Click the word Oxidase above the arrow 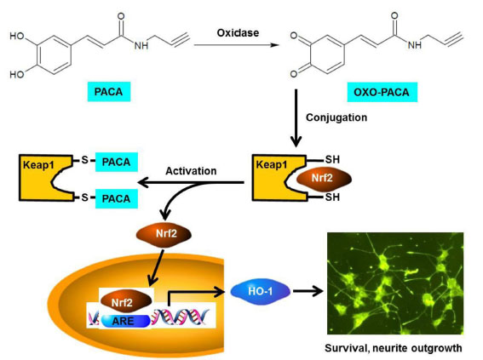tap(238, 33)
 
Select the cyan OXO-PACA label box tap(382, 92)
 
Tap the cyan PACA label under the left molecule tap(109, 92)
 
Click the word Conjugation tap(336, 117)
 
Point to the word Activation tap(191, 171)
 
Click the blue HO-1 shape tap(261, 291)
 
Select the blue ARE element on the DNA tap(124, 321)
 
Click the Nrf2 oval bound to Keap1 tap(324, 178)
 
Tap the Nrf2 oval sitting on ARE tap(126, 301)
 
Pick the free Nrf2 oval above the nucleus tap(164, 234)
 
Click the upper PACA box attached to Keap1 tap(117, 163)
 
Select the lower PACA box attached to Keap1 tap(117, 199)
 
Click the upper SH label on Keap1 tap(332, 160)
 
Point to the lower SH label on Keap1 tap(332, 197)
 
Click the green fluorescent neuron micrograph tap(395, 283)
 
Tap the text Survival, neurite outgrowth tap(394, 348)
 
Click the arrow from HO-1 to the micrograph tap(308, 291)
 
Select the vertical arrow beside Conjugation tap(296, 118)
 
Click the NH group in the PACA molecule tap(141, 46)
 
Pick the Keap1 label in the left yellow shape tap(38, 165)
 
